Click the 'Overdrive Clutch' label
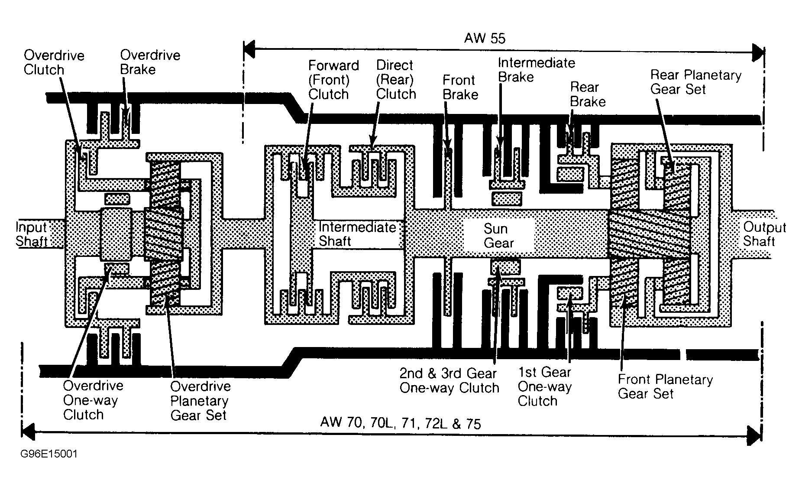[54, 62]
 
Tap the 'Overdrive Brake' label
[150, 62]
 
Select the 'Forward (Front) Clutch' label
[333, 80]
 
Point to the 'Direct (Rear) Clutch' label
[396, 80]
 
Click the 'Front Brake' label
[460, 87]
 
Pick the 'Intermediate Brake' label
[537, 70]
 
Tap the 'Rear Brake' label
[588, 94]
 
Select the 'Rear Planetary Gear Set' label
[696, 82]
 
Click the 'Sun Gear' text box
[498, 236]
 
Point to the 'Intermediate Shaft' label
[357, 234]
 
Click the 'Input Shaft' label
[31, 234]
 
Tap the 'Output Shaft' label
[765, 234]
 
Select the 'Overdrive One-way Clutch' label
[93, 400]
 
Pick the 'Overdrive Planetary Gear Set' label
[200, 401]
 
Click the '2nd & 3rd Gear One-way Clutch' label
[450, 380]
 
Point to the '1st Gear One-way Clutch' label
[545, 386]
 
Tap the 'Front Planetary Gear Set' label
[665, 386]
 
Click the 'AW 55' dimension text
[485, 38]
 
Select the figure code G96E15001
[49, 454]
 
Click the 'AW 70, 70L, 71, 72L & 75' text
[401, 423]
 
